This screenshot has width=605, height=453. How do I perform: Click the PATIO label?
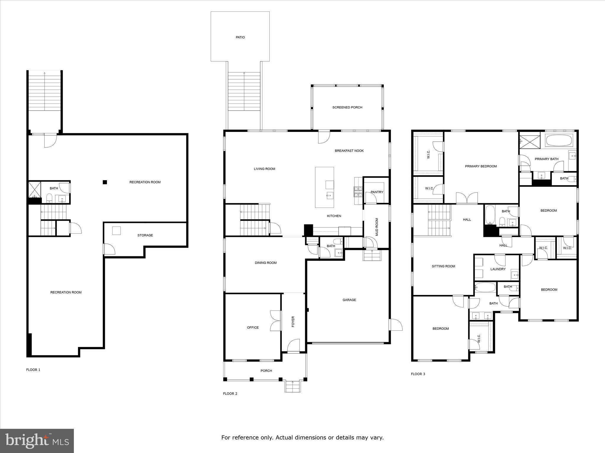(240, 37)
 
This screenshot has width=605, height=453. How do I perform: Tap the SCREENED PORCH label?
(347, 107)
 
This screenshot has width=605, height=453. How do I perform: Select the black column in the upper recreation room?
(105, 182)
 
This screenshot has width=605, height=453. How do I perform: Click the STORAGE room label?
(145, 235)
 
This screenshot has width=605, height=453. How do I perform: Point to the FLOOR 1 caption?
(33, 370)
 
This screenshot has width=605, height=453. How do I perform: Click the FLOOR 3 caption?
(418, 374)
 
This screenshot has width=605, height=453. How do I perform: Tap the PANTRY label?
(377, 192)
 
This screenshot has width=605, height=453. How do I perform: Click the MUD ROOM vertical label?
(377, 227)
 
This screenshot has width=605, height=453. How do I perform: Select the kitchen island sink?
(330, 195)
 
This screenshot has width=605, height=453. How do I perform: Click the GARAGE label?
(349, 300)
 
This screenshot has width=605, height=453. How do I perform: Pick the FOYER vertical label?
(293, 322)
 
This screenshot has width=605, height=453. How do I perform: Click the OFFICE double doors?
(275, 321)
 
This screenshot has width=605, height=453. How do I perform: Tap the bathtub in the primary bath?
(559, 140)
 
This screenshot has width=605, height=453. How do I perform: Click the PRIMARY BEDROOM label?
(481, 166)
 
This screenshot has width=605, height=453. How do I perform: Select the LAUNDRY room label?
(498, 269)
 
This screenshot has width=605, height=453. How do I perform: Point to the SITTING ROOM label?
(443, 266)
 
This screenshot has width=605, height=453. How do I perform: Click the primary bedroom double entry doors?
(467, 198)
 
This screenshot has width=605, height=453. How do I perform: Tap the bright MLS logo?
(37, 441)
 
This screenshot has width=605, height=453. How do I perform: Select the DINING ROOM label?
(266, 263)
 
